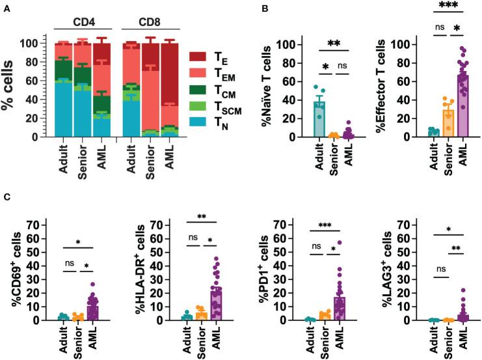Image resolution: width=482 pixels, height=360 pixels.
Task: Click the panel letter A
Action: click(x=6, y=6)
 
